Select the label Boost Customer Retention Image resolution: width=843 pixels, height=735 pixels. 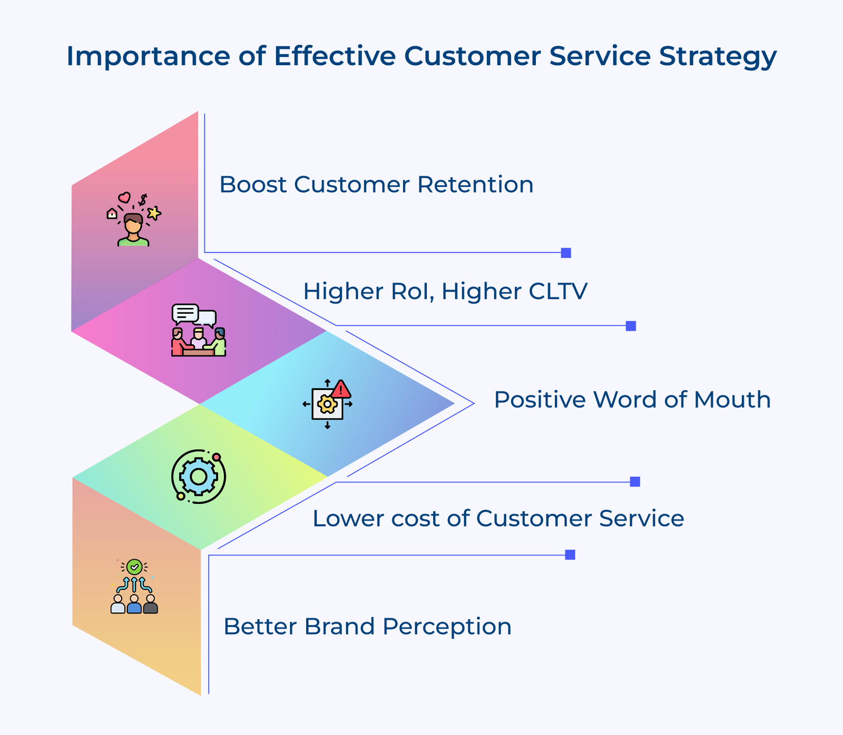(376, 185)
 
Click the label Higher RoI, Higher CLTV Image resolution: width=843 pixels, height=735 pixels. (445, 291)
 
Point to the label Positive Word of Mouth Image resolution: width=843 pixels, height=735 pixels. (632, 400)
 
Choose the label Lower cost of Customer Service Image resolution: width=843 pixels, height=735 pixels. (498, 519)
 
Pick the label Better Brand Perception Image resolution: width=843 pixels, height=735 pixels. (367, 627)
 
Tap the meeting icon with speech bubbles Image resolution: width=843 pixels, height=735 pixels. (199, 330)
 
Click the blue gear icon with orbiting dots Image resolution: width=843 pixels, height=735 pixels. (199, 476)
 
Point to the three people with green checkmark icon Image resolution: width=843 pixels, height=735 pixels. (134, 587)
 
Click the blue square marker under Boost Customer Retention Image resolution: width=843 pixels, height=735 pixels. (566, 253)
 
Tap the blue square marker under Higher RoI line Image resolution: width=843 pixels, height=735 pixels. (631, 326)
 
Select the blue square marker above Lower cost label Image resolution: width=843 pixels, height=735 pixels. (635, 482)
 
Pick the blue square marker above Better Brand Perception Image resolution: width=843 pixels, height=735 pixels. (570, 555)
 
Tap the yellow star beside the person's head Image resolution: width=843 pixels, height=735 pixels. (154, 213)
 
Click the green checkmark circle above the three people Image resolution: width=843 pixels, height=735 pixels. (134, 567)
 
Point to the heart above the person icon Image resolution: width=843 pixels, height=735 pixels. (124, 197)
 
